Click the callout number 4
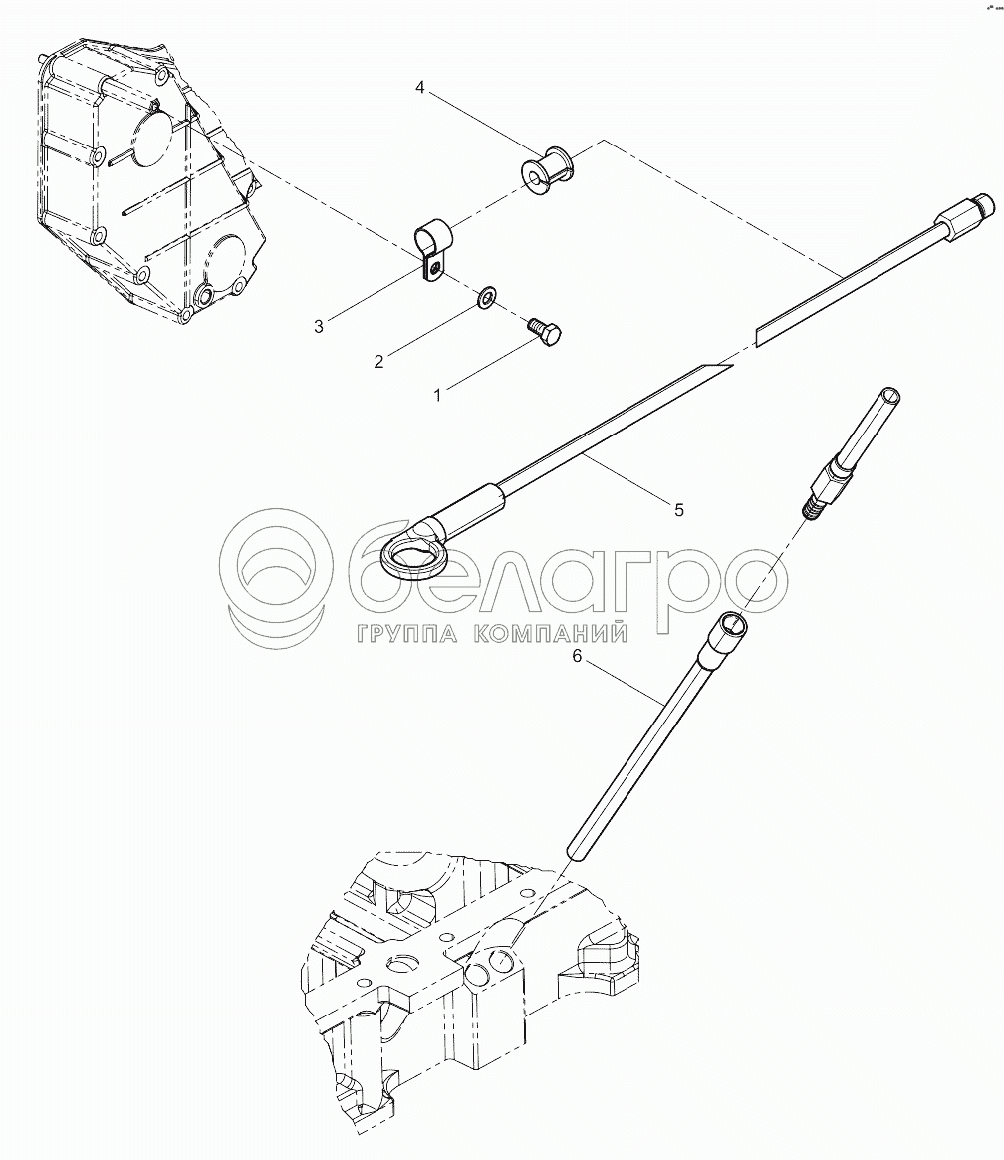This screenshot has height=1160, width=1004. point(420,88)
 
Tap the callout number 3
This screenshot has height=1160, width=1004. point(319,326)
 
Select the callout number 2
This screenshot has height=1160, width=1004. point(378,361)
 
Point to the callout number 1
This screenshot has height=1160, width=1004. point(437,396)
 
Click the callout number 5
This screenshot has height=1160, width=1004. point(678,509)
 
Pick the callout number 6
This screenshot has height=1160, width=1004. point(578,656)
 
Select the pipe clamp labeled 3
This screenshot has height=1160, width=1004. point(430,248)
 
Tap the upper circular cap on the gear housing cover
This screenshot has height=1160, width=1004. point(152,138)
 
